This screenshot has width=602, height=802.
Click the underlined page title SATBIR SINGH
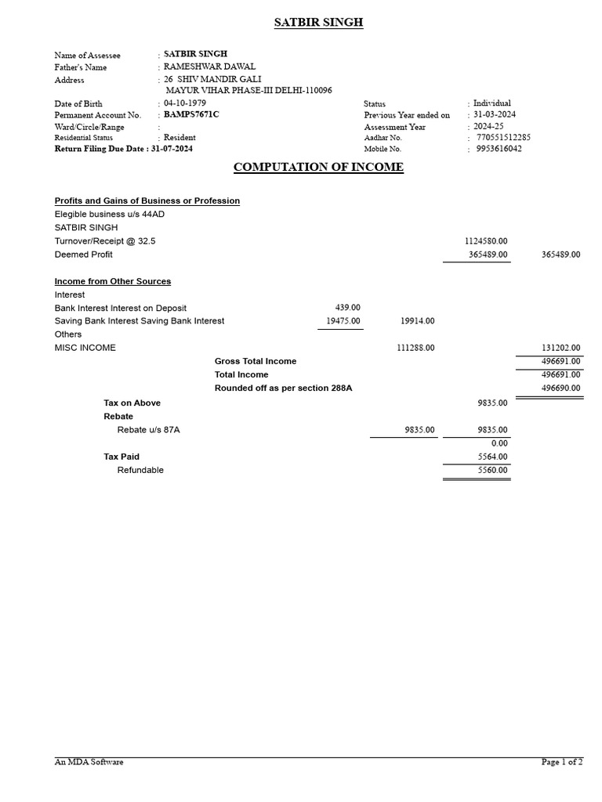(x=318, y=23)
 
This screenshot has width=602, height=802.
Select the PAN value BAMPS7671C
(x=192, y=114)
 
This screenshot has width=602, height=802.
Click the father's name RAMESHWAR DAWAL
(x=209, y=67)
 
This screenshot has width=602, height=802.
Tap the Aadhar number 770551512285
(x=503, y=137)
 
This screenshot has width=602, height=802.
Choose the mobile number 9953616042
(x=499, y=148)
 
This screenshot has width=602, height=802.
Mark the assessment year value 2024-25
(x=488, y=126)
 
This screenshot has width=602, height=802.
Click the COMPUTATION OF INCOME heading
(x=318, y=167)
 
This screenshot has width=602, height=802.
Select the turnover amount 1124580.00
(x=486, y=241)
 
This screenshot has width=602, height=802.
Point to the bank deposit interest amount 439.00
(x=347, y=308)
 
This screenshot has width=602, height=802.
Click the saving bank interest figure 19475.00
(x=343, y=320)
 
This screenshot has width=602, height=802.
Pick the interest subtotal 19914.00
(x=417, y=320)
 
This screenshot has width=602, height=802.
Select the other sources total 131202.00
(x=560, y=348)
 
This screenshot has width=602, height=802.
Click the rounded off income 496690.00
(x=560, y=388)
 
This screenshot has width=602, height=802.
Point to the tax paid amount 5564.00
(x=492, y=457)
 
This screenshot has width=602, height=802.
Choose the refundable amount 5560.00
(x=492, y=470)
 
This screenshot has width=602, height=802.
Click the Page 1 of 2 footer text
(x=561, y=762)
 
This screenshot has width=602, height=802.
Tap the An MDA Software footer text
(x=89, y=762)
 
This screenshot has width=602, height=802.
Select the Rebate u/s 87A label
(x=154, y=430)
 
